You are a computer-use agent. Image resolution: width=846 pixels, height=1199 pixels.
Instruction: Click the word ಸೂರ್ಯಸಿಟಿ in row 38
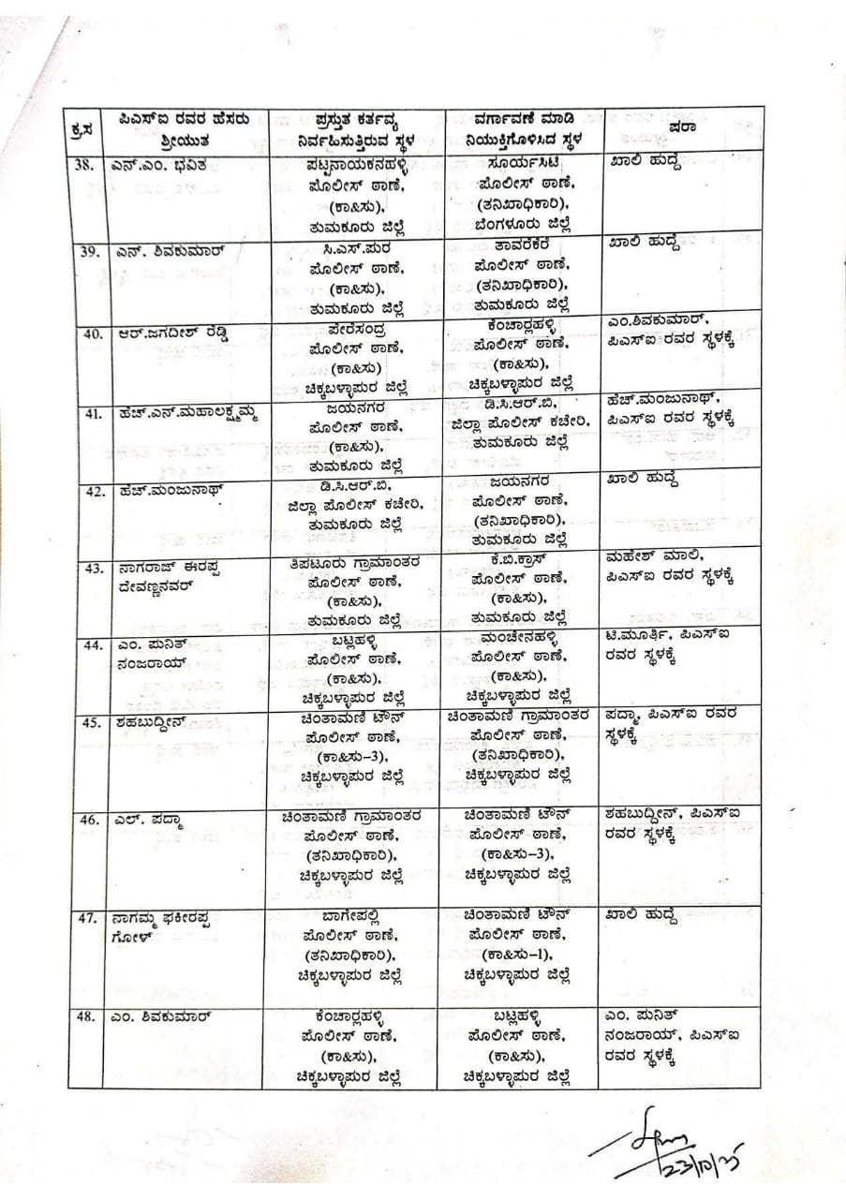[x=519, y=161]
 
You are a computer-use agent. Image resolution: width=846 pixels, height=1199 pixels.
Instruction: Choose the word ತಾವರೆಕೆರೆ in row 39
[x=519, y=244]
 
